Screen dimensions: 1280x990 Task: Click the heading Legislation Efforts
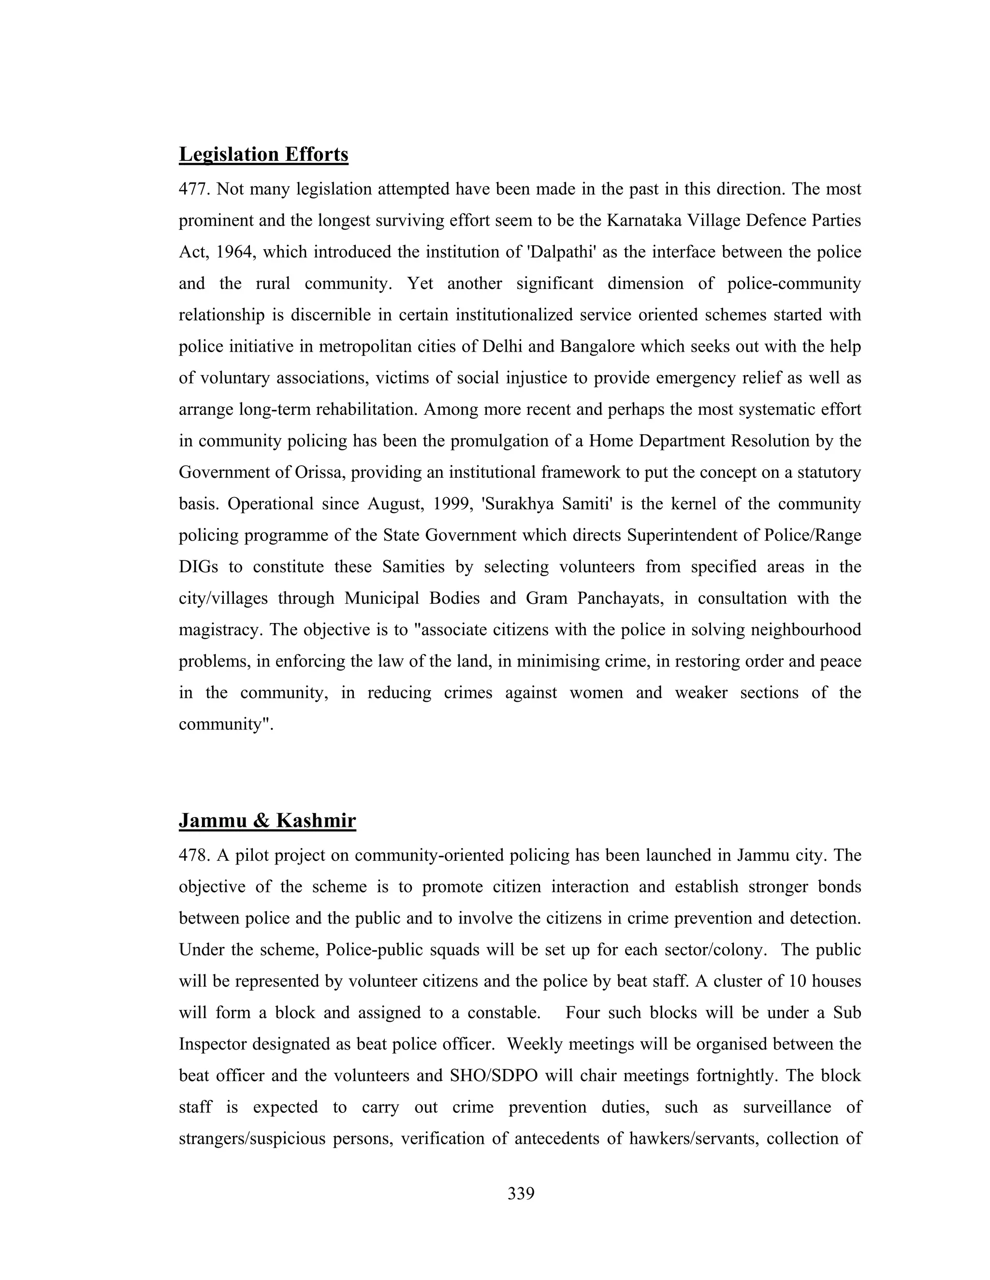point(263,154)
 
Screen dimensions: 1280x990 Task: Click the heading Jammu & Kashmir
point(267,821)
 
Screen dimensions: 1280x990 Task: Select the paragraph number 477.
point(194,189)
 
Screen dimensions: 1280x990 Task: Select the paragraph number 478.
point(194,856)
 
